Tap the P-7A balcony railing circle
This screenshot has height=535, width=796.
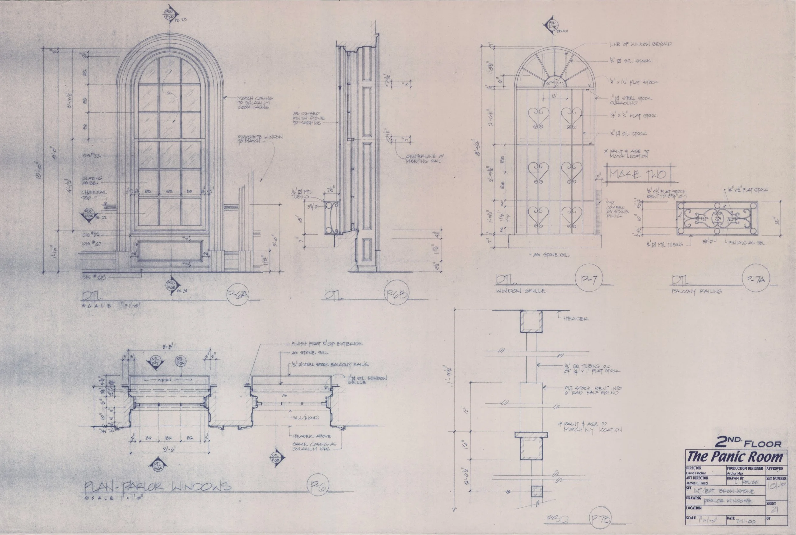tap(756, 280)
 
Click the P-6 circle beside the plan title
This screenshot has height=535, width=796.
tap(318, 486)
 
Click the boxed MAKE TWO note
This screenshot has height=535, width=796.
tap(637, 174)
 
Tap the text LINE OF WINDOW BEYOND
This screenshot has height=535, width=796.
tap(640, 44)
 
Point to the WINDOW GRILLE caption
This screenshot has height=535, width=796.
tap(521, 291)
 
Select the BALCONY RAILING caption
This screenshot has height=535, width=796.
tap(697, 291)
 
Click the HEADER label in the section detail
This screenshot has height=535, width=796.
tap(576, 319)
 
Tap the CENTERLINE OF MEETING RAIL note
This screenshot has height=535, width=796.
tap(424, 159)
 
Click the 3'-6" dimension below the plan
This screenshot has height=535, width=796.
tap(170, 450)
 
